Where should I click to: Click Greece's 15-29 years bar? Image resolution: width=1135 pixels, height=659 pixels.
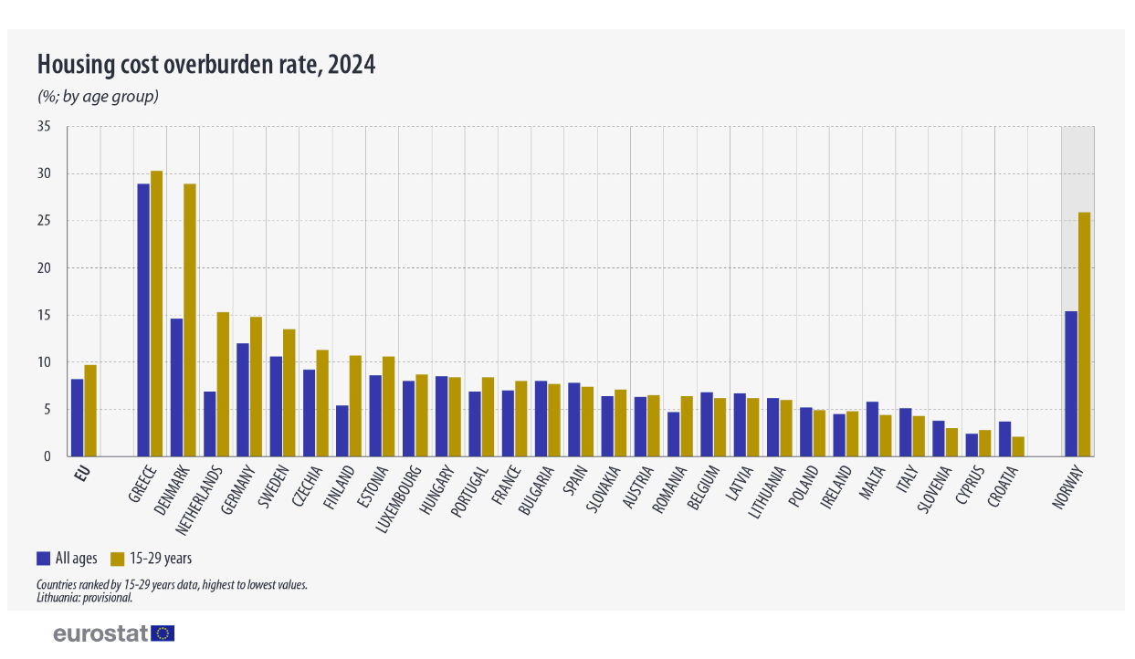point(157,314)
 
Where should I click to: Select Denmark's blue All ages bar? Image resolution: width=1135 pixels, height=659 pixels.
point(176,388)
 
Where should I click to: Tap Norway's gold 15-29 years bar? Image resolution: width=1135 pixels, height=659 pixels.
point(1085,334)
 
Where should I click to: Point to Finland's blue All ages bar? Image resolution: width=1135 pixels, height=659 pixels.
point(342,431)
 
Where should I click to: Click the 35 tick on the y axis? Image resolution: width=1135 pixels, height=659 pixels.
point(44,127)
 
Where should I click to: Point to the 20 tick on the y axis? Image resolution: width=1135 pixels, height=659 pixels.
point(44,268)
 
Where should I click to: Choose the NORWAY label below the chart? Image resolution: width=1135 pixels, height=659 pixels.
point(1067,487)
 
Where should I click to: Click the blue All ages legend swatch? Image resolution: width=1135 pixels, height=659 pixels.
point(43,559)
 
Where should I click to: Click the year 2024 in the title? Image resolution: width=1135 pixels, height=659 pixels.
point(352,66)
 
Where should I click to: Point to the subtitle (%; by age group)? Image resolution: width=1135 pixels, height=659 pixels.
point(98,95)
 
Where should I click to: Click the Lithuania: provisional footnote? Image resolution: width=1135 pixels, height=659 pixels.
point(85,598)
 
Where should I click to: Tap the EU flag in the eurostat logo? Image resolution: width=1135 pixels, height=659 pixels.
point(163,633)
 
